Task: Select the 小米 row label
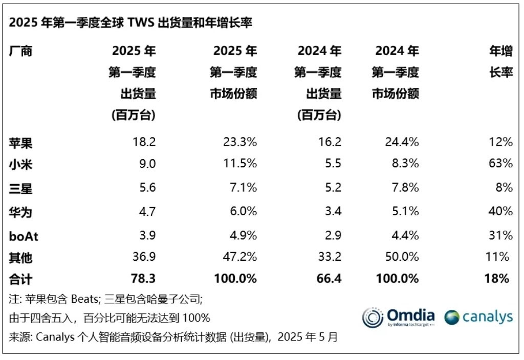pos(21,164)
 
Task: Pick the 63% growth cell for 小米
pos(500,164)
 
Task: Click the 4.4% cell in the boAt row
pos(405,235)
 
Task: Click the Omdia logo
pos(399,317)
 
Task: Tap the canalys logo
pos(478,317)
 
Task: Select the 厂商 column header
pos(21,51)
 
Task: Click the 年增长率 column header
pos(501,62)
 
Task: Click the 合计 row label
pos(21,279)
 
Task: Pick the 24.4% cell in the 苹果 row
pos(402,142)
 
